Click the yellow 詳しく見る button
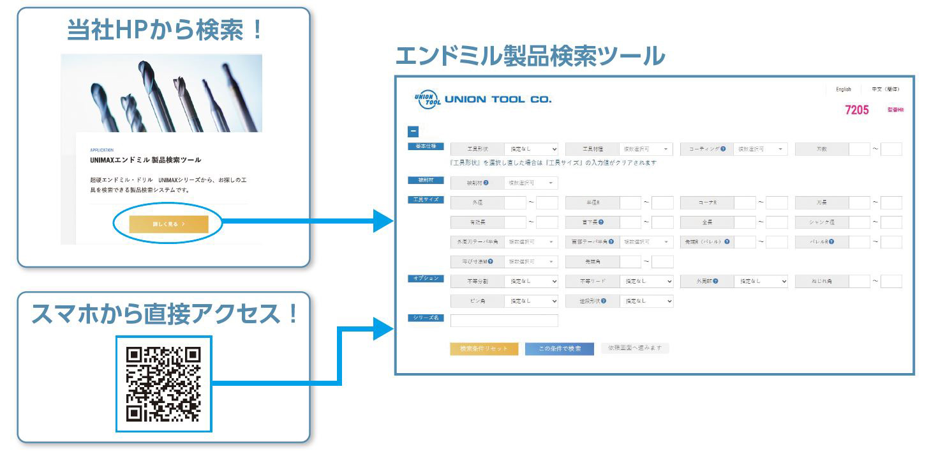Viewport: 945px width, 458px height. (168, 224)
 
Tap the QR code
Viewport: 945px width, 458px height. (164, 385)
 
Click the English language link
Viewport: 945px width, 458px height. (843, 89)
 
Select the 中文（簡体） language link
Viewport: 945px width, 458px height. (886, 89)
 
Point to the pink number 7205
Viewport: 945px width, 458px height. (856, 110)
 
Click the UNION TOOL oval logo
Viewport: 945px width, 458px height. (427, 100)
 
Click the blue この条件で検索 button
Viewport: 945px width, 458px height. (559, 349)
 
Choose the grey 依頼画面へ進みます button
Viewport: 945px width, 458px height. (634, 348)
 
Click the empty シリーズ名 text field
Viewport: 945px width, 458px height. (504, 321)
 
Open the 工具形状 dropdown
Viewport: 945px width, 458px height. (532, 149)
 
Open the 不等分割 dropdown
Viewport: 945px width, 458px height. (532, 281)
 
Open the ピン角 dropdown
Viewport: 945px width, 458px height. (532, 301)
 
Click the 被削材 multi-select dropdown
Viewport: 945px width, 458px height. (532, 183)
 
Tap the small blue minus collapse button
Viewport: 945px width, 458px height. (413, 132)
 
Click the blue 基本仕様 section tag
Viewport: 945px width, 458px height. (426, 146)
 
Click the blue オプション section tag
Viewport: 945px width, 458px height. (426, 279)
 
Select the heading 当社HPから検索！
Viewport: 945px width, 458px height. (165, 30)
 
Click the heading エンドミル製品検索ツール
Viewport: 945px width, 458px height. (530, 56)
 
